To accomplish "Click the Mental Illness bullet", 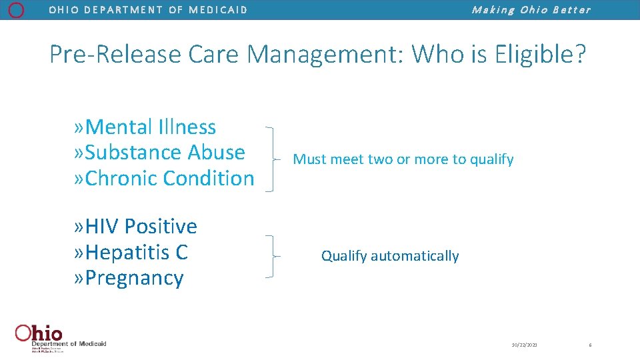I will [x=145, y=127].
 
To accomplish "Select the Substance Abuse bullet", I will [x=160, y=152].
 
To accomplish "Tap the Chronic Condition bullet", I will [x=164, y=178].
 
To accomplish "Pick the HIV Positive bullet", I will [x=136, y=227].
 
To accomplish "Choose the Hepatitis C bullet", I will [x=131, y=253].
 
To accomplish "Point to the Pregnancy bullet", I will [x=129, y=278].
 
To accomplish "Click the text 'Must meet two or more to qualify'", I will [x=403, y=159].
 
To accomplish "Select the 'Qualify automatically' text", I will [x=390, y=256].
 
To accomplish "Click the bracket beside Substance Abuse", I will [x=270, y=159].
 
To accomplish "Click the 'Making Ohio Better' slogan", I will [x=531, y=10].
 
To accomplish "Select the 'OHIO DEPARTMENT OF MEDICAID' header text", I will [x=148, y=10].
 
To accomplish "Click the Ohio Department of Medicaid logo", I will [x=60, y=337].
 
